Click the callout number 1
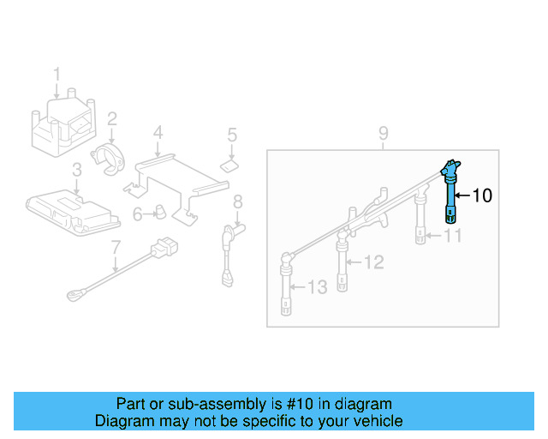(57, 74)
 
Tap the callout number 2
(112, 118)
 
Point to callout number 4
(158, 132)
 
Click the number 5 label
(231, 135)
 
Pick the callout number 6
(137, 213)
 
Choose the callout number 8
(238, 201)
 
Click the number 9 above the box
(383, 133)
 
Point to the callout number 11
(453, 235)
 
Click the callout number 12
(374, 262)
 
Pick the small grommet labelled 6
(159, 212)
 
